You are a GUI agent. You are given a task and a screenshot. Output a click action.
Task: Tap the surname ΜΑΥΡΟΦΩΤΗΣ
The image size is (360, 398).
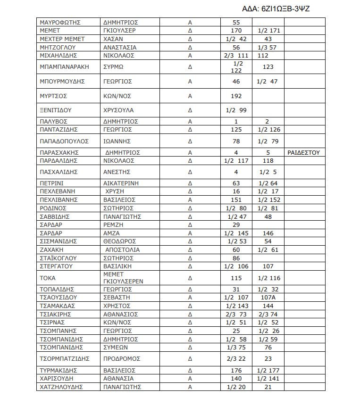point(61,22)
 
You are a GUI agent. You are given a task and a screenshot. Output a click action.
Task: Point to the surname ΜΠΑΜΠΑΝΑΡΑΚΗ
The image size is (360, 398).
point(65,67)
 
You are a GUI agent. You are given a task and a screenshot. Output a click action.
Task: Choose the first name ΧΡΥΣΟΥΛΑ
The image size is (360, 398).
point(118,110)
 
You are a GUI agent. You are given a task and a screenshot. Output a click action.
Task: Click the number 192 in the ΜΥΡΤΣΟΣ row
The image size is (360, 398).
point(236,96)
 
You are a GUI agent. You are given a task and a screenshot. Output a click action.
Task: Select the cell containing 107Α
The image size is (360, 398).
point(268,298)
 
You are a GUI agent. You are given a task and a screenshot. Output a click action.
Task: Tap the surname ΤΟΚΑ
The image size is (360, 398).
point(48,278)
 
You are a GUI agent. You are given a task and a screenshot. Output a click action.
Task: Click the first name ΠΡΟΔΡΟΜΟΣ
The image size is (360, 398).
point(122,359)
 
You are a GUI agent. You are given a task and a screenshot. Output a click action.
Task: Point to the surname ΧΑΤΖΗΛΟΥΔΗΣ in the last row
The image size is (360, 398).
point(62,387)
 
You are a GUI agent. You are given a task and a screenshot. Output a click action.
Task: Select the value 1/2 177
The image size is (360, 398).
point(268,370)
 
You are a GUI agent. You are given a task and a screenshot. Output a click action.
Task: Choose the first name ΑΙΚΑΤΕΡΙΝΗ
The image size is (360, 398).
point(121,183)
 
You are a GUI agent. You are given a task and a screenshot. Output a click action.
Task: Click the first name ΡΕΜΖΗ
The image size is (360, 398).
point(113,225)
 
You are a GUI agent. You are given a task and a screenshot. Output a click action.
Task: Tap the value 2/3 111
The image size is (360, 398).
point(236,55)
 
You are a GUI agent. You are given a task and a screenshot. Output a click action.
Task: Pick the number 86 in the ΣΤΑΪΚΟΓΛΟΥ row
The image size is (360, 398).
point(236,258)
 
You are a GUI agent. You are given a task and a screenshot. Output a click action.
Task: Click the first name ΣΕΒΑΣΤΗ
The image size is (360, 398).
point(116,298)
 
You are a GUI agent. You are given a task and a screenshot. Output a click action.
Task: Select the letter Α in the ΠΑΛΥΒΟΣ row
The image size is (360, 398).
point(190,121)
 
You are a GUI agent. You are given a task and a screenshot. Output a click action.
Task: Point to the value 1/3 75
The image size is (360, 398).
point(236,348)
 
